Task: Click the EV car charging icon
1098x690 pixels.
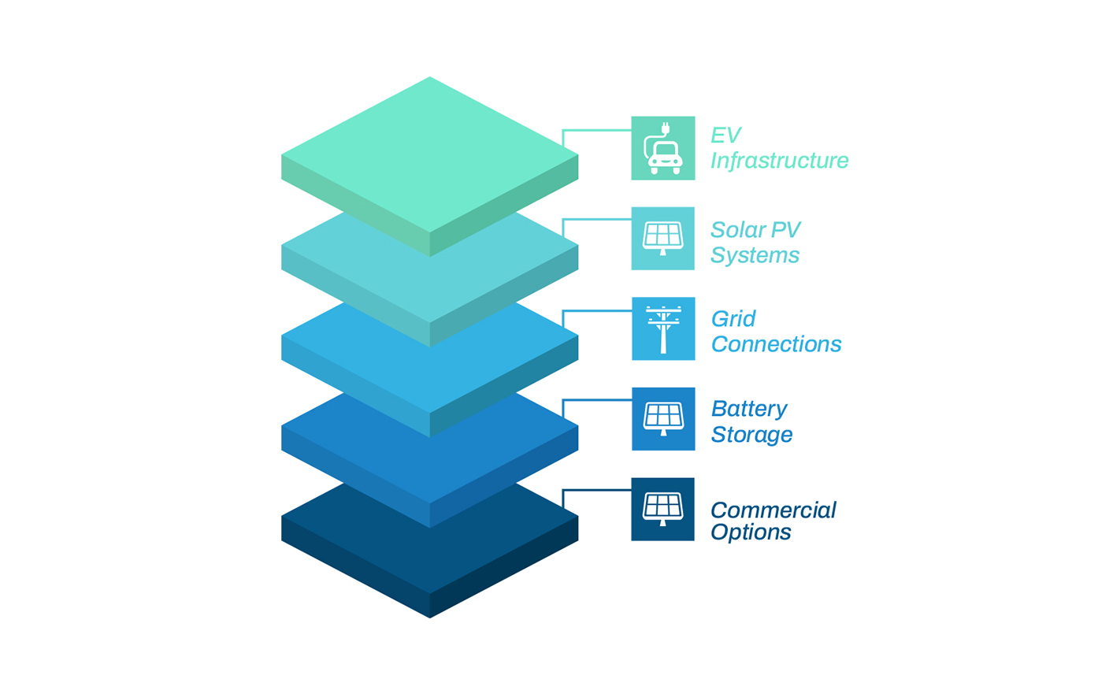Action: pos(663,148)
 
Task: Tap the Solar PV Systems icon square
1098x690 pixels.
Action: pos(663,239)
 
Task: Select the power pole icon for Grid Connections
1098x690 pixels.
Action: pos(663,328)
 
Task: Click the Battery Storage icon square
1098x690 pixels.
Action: pos(663,419)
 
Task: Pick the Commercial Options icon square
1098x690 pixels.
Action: pos(663,509)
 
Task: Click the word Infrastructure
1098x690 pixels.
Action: pos(779,161)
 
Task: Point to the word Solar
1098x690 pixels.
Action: pos(740,230)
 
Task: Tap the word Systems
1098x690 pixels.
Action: pos(755,255)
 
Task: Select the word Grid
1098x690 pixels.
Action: pos(733,319)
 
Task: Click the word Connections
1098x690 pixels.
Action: pos(776,344)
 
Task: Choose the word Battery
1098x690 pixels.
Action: pos(749,409)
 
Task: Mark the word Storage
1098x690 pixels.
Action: pos(751,435)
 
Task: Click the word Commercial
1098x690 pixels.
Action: pos(773,510)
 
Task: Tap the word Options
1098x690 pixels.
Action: pos(751,532)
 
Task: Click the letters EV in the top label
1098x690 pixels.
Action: pos(725,135)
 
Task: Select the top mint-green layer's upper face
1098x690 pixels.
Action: pos(430,154)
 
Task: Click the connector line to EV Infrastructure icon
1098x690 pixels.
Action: pos(597,130)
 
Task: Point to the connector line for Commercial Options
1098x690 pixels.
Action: pos(597,490)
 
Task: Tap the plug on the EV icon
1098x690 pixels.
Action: pos(666,127)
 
